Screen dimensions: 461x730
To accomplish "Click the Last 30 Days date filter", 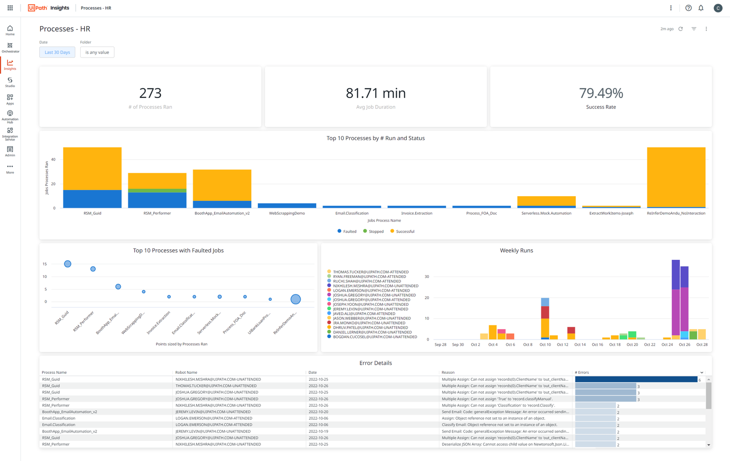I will pyautogui.click(x=57, y=52).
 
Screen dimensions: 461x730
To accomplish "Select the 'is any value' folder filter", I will pyautogui.click(x=97, y=52).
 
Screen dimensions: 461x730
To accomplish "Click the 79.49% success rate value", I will pyautogui.click(x=600, y=93).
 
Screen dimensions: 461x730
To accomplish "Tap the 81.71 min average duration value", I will pyautogui.click(x=375, y=93).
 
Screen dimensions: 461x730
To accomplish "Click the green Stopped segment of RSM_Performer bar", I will pyautogui.click(x=157, y=191).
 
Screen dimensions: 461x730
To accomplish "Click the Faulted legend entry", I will pyautogui.click(x=347, y=231).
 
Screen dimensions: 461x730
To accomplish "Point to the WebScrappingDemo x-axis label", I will pyautogui.click(x=287, y=213).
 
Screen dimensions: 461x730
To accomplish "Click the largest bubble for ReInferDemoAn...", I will pyautogui.click(x=296, y=299).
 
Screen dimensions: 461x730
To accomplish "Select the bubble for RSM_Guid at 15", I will pyautogui.click(x=68, y=264).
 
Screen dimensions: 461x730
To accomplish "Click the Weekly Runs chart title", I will pyautogui.click(x=516, y=251).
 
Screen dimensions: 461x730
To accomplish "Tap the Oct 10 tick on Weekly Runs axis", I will pyautogui.click(x=545, y=345).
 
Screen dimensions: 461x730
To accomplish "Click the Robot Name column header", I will pyautogui.click(x=186, y=372).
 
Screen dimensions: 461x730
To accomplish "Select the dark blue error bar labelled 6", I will pyautogui.click(x=636, y=379).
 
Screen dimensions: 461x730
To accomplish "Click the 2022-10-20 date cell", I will pyautogui.click(x=318, y=412).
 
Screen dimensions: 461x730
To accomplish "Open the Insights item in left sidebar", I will pyautogui.click(x=10, y=65).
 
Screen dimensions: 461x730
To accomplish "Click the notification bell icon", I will pyautogui.click(x=701, y=8).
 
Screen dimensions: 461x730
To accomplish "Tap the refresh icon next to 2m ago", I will pyautogui.click(x=680, y=29).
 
